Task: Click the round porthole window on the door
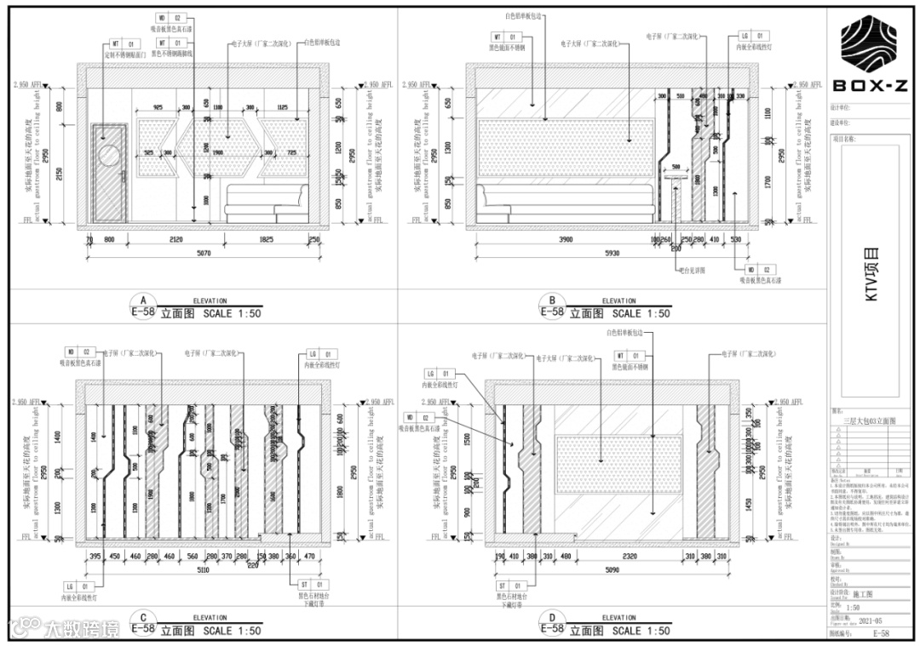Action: coord(110,154)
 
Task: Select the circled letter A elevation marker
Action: coord(143,301)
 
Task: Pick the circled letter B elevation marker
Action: coord(553,301)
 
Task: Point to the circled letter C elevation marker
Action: coord(143,619)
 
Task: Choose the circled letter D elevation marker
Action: coord(553,619)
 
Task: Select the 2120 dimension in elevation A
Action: coord(176,241)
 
